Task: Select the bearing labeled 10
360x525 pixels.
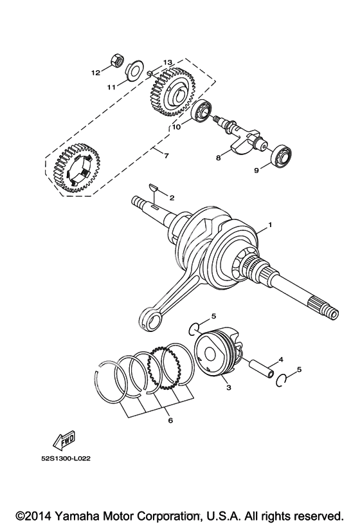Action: click(202, 111)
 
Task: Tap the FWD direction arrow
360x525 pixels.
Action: click(65, 441)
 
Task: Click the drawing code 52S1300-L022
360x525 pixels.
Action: click(66, 458)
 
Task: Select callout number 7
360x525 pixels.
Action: click(166, 155)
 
